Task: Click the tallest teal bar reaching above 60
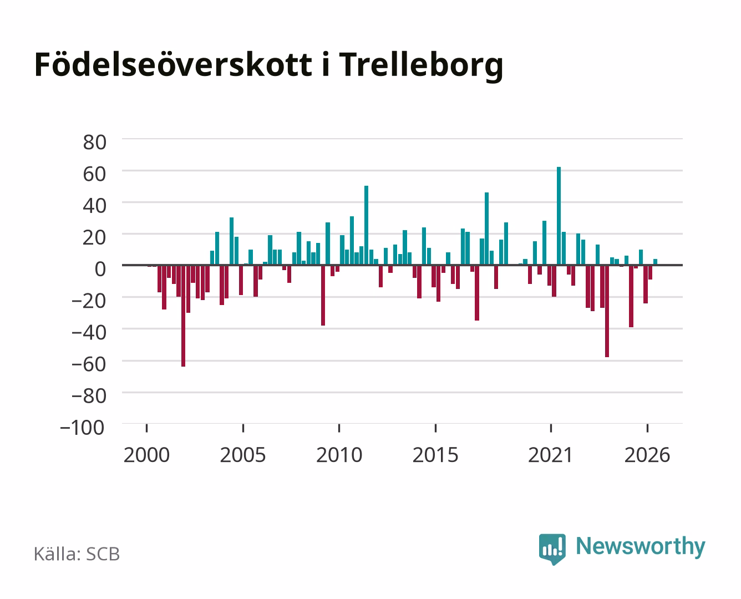click(559, 216)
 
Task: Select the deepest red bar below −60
click(184, 316)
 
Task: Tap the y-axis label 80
click(95, 143)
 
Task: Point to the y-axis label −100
click(82, 428)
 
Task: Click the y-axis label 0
click(100, 269)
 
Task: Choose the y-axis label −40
click(89, 333)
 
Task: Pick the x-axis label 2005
click(243, 455)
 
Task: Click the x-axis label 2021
click(550, 455)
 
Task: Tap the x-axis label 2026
click(647, 455)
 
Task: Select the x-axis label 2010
click(339, 455)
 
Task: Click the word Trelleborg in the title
click(421, 65)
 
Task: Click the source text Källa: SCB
click(77, 554)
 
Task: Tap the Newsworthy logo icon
click(552, 549)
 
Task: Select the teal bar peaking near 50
click(366, 225)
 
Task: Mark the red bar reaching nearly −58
click(607, 311)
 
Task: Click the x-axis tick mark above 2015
click(435, 428)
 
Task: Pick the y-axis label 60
click(95, 174)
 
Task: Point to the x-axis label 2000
click(146, 455)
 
